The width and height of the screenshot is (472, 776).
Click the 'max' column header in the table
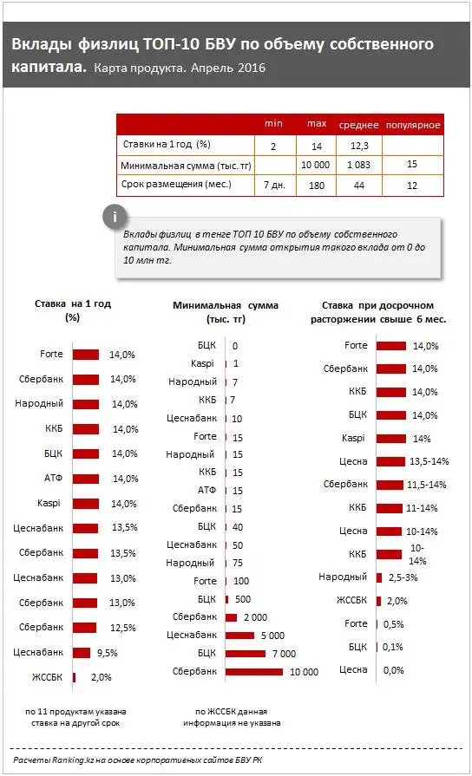click(316, 124)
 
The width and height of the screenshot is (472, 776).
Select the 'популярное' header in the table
click(413, 125)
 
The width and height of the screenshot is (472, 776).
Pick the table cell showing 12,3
click(360, 144)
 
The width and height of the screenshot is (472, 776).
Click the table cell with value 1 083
click(360, 165)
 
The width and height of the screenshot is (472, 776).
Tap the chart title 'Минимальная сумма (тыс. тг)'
click(226, 312)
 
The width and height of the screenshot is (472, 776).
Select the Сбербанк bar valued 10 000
click(253, 671)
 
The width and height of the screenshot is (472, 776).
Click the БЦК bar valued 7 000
click(246, 652)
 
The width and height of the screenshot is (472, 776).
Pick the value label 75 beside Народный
click(238, 563)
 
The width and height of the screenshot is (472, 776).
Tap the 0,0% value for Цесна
click(393, 669)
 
